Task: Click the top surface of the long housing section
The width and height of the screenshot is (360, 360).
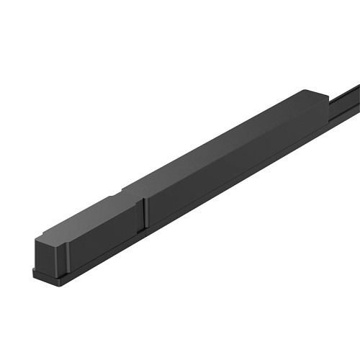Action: [216, 144]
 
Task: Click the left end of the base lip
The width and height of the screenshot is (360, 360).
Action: [33, 271]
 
